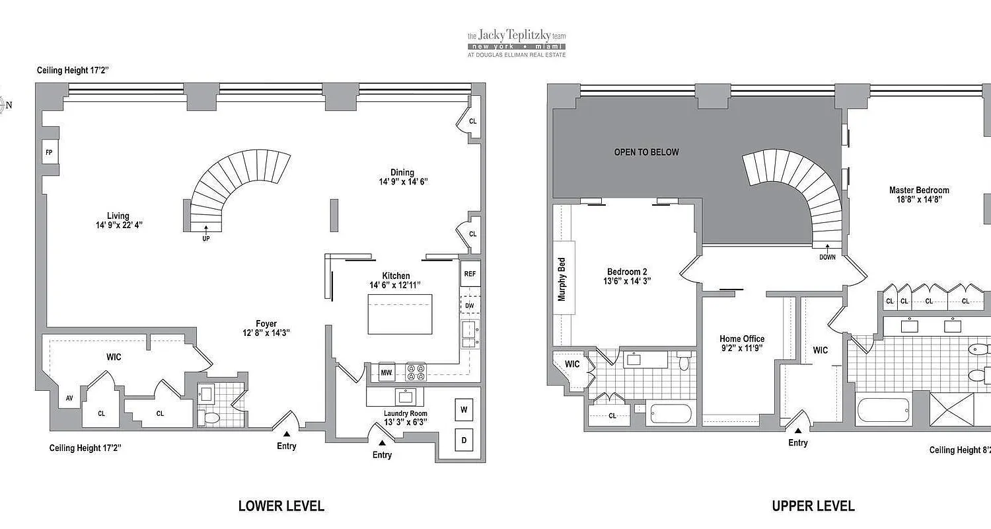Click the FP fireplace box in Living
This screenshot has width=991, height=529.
tap(49, 153)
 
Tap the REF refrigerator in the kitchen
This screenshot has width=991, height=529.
tap(470, 274)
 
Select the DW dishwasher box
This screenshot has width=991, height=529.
tap(469, 305)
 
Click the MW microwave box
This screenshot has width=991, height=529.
tap(386, 373)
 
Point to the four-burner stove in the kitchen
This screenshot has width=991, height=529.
tap(415, 372)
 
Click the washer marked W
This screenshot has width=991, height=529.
tap(464, 410)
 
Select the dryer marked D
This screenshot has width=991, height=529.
tap(464, 440)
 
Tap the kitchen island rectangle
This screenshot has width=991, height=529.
tap(400, 315)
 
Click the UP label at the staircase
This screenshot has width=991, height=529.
tap(206, 239)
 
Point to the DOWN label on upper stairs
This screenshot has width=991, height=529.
tap(827, 257)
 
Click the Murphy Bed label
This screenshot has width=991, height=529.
tap(562, 279)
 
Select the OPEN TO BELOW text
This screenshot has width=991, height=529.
tap(646, 152)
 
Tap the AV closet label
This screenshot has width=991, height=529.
tap(69, 398)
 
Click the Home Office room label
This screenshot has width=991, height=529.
tap(742, 339)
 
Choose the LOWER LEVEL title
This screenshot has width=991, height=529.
tap(281, 507)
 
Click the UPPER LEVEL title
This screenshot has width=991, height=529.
tap(813, 507)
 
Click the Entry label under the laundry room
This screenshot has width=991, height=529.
tap(382, 455)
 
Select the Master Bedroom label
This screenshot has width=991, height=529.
tap(918, 190)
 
